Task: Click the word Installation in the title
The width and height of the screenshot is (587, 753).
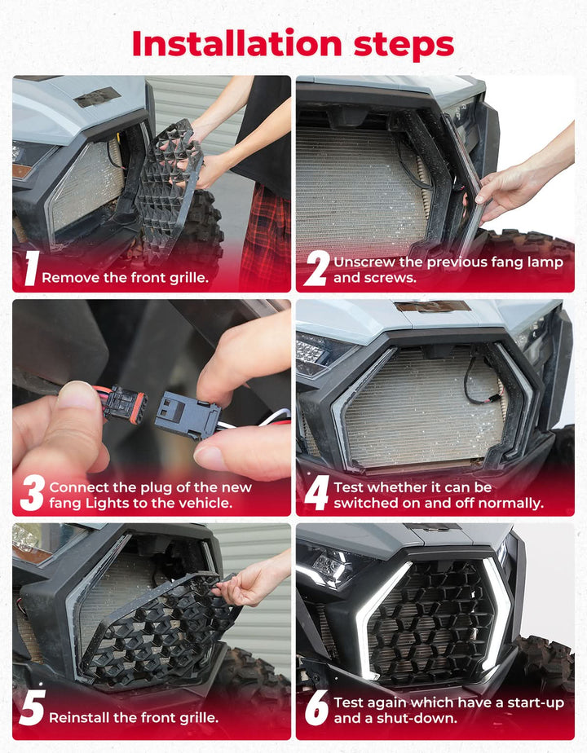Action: (236, 43)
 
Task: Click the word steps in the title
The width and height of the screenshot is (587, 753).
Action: (404, 46)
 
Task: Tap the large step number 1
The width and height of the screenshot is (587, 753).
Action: (31, 269)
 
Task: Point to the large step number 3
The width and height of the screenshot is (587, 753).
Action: (33, 493)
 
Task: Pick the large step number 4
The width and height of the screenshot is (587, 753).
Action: (317, 493)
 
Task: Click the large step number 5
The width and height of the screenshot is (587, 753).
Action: (32, 708)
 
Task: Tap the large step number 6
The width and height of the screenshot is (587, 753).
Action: (317, 708)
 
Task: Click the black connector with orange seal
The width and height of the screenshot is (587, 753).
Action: (125, 406)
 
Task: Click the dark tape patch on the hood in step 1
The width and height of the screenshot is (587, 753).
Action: (97, 98)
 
